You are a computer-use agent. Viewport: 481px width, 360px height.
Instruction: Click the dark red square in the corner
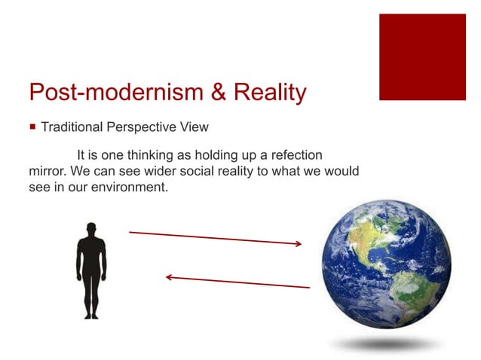click(x=422, y=56)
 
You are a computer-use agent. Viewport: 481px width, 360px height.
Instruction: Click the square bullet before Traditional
click(x=32, y=128)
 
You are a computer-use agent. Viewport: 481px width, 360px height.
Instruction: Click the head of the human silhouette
click(x=91, y=227)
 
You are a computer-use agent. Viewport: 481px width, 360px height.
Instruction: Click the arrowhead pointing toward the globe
click(x=299, y=243)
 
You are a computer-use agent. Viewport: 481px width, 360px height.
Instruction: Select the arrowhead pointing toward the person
click(x=170, y=277)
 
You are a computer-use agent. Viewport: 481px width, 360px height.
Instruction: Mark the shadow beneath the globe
click(x=384, y=343)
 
